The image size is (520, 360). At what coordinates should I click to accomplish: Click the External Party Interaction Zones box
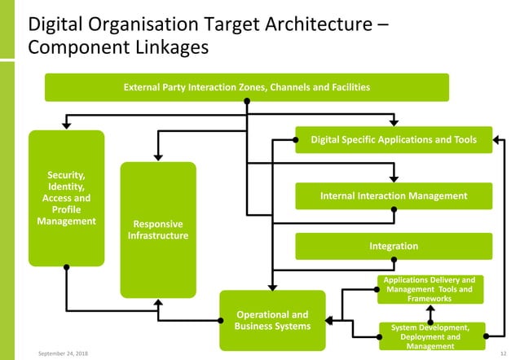(x=246, y=87)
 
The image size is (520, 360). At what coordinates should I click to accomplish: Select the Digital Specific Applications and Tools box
(x=393, y=140)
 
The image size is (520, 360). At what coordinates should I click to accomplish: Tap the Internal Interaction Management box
(x=393, y=196)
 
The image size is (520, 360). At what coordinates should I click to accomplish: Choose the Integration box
(x=393, y=246)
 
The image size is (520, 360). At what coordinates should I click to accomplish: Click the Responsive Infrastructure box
(x=158, y=230)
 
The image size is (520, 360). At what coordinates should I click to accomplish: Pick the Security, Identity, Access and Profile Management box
(x=66, y=198)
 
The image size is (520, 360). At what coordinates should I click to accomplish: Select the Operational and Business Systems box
(x=272, y=320)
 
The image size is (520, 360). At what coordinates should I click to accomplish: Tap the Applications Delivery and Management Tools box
(x=430, y=289)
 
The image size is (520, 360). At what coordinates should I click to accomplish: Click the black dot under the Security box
(x=66, y=267)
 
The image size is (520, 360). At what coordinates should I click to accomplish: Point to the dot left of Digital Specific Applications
(x=296, y=140)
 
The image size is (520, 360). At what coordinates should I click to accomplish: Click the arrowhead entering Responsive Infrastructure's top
(x=158, y=157)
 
